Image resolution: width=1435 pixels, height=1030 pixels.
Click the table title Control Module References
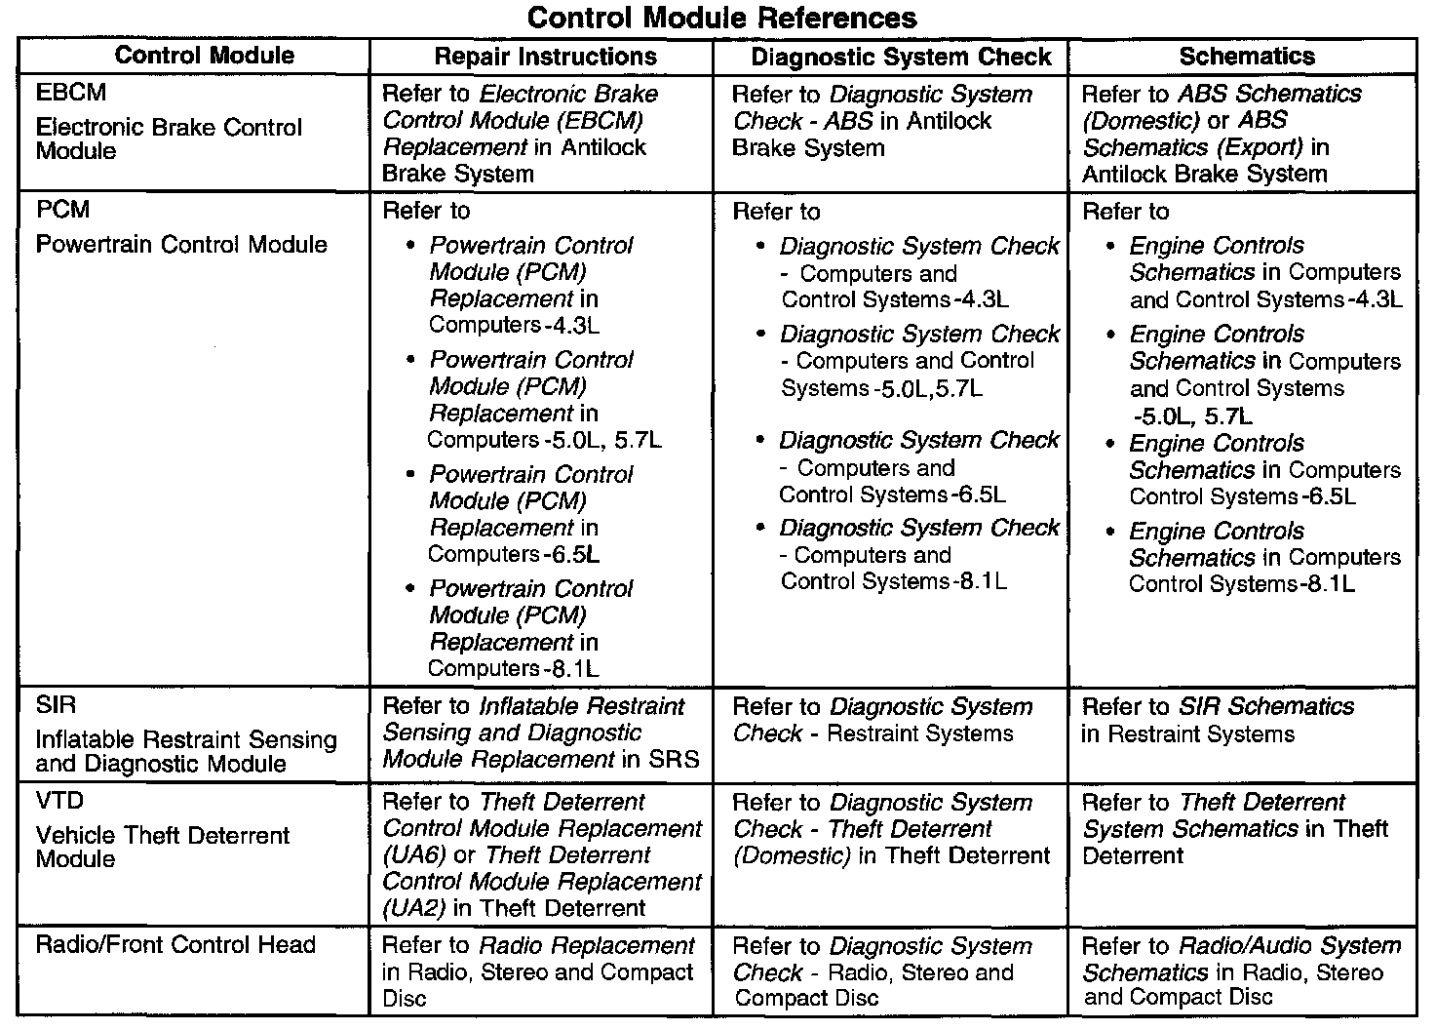(x=721, y=18)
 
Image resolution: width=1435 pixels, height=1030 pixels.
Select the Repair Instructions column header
(x=545, y=57)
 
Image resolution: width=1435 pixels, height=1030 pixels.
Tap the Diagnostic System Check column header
(x=901, y=57)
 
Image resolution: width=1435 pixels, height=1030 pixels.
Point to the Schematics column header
(x=1247, y=57)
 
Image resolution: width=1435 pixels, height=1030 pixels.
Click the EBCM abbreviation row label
(x=71, y=93)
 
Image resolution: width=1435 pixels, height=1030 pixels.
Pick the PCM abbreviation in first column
(x=62, y=210)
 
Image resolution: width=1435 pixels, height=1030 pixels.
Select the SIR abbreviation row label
(x=56, y=705)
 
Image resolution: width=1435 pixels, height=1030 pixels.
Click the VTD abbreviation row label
(x=59, y=801)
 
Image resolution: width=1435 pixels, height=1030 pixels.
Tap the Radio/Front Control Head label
(x=175, y=944)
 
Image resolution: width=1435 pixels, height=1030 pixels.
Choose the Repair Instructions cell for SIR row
(x=540, y=733)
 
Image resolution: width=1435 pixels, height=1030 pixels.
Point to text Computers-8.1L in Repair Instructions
(x=514, y=669)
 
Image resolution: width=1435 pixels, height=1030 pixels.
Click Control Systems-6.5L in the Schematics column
(x=1242, y=496)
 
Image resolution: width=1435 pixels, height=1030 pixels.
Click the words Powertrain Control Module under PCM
(x=181, y=244)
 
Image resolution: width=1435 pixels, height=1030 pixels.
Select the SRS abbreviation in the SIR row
(x=675, y=759)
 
